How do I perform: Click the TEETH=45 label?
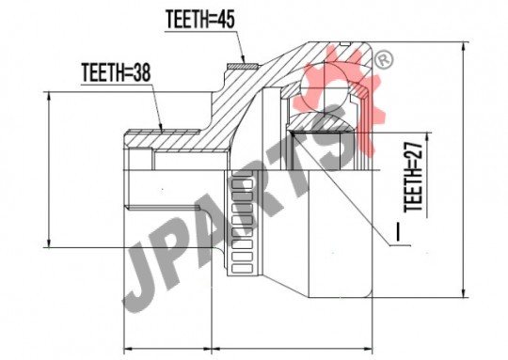point(199,20)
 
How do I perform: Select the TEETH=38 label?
point(116,72)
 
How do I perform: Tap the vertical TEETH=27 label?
point(413,177)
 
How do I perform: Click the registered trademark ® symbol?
point(384,59)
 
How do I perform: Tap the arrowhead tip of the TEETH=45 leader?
point(245,62)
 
